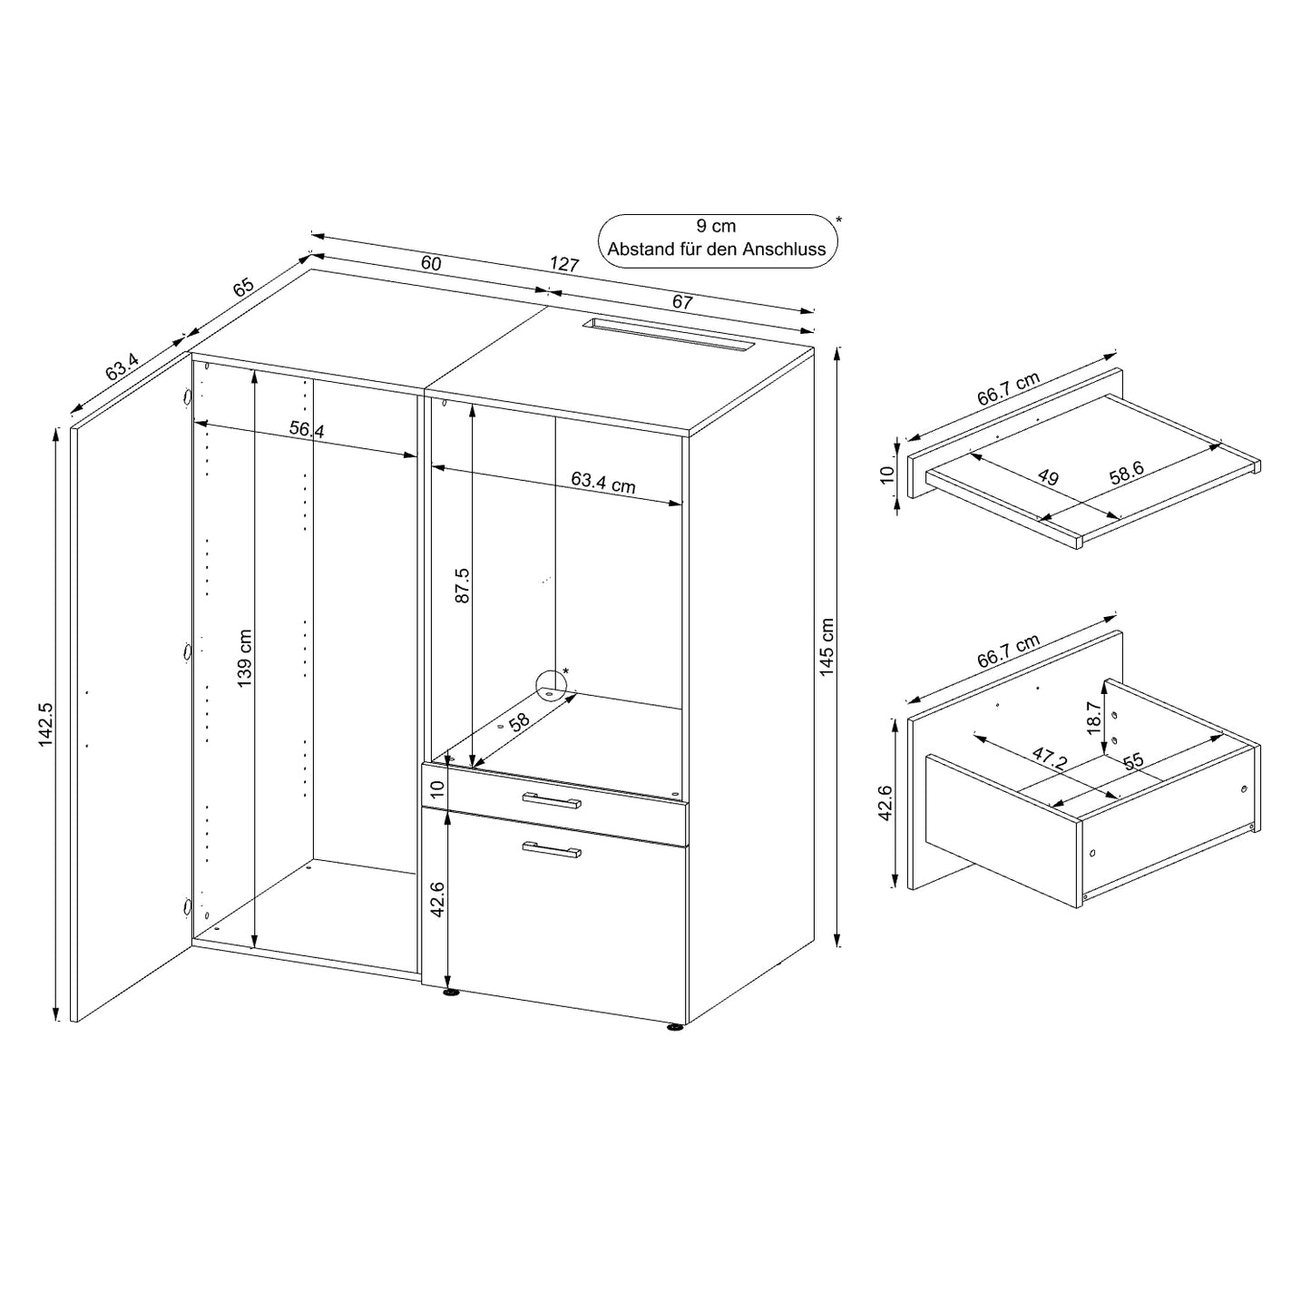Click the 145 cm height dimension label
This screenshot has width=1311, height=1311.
pos(826,646)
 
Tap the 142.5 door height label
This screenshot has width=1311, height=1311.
pos(45,725)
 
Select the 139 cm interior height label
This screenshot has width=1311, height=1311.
pos(245,658)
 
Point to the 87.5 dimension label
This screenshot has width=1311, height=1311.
pos(463,585)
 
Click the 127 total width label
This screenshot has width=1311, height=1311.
pos(564,264)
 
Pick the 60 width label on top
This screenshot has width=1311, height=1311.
pos(431,262)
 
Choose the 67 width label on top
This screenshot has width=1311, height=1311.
pos(682,301)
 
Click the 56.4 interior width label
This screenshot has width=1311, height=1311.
pos(307,429)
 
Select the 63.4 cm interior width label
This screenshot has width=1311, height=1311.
pos(602,483)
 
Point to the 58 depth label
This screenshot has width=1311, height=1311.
pos(519,722)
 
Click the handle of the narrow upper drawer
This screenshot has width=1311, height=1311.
pos(552,801)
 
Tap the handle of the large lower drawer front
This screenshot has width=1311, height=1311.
pos(552,849)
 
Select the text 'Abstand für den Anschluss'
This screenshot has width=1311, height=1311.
pos(717,249)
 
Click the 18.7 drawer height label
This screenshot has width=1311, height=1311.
pos(1093,718)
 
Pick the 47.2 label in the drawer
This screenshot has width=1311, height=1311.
pos(1050,758)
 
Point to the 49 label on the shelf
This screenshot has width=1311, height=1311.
pos(1049,477)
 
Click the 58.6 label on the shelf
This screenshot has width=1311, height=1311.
pos(1127,473)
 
